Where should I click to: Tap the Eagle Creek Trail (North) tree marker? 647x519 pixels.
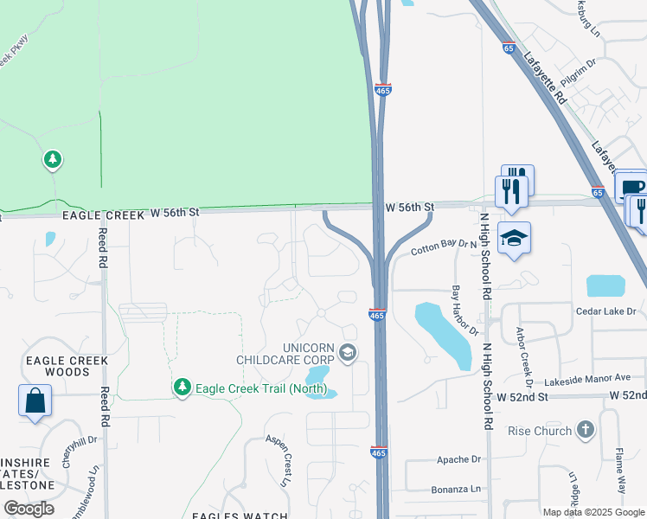tap(182, 387)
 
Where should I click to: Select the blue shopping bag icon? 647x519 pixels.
tap(35, 401)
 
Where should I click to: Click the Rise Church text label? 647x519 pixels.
tap(540, 431)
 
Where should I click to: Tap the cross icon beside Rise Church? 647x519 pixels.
tap(586, 430)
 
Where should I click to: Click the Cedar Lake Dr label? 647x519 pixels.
tap(605, 311)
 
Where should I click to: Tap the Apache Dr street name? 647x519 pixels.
tap(458, 459)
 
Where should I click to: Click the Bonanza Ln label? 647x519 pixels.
tap(457, 490)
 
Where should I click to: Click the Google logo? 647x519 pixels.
tap(29, 509)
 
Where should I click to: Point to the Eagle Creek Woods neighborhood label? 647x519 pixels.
tap(67, 366)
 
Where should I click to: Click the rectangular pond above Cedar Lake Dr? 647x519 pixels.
tap(605, 286)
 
